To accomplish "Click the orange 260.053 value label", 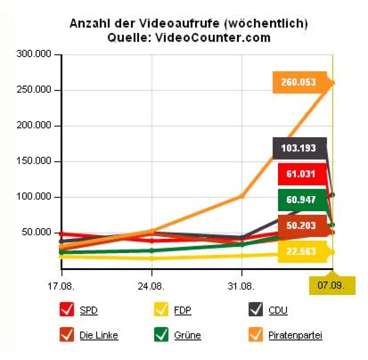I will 298,82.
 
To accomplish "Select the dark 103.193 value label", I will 298,148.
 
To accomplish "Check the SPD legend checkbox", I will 67,310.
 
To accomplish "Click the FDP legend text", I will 182,310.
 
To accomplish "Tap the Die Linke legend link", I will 99,335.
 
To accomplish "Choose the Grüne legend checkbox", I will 162,335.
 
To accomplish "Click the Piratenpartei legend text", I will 295,335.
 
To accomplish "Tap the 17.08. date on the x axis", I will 62,287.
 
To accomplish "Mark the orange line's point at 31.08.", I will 242,196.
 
